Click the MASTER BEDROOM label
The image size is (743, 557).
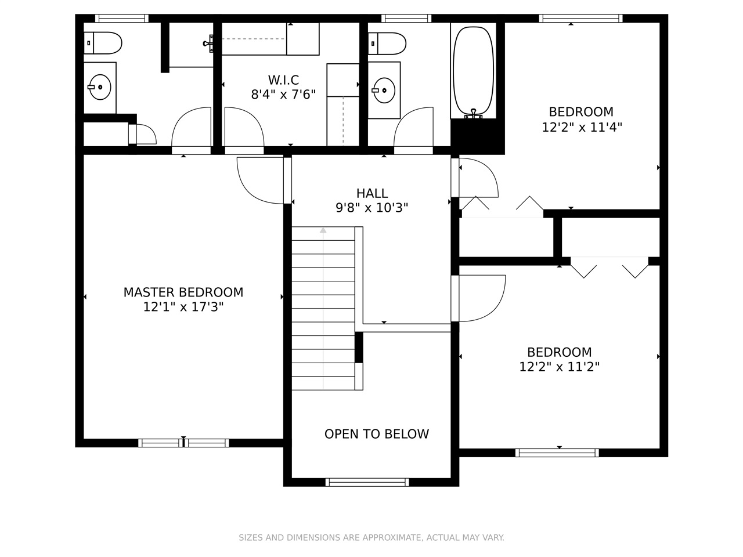tap(183, 292)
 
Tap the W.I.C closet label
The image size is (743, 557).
tap(283, 80)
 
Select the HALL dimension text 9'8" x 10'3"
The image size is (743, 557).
tap(371, 207)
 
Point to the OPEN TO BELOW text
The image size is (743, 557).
tap(376, 434)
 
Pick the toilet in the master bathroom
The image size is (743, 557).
tap(103, 43)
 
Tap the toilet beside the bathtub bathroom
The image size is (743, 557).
tap(387, 44)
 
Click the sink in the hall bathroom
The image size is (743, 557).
tap(384, 91)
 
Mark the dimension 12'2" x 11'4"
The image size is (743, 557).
tap(582, 128)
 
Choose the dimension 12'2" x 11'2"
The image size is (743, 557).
tap(559, 367)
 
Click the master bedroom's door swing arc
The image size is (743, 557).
tap(251, 191)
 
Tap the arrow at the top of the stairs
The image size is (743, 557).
tap(323, 230)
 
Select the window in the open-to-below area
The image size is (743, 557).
tap(367, 482)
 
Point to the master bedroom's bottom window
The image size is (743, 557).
tap(183, 443)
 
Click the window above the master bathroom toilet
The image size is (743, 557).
tap(122, 18)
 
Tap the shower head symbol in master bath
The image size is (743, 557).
tap(208, 44)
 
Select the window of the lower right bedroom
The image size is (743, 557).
tap(557, 453)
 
